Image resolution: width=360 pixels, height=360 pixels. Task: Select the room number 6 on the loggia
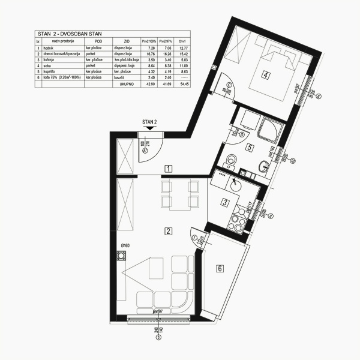(220, 268)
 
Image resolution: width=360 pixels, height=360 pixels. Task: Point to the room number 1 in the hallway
(169, 169)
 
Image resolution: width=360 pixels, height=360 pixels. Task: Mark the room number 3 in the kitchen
(224, 203)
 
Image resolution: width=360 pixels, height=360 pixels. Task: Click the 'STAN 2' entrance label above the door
(149, 122)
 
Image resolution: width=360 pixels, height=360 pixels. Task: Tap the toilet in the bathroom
(233, 160)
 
